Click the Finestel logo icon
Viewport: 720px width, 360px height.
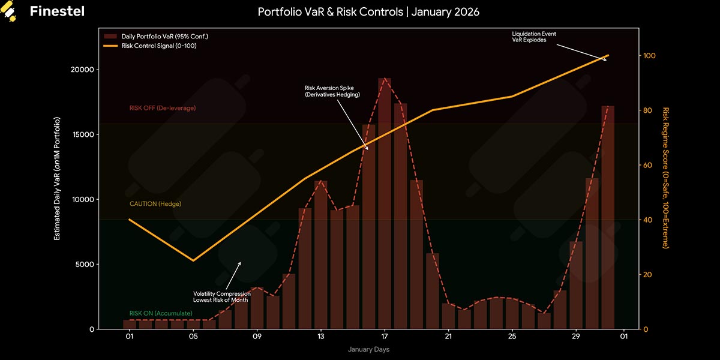[10, 11]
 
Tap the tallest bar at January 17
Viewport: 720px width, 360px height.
[385, 204]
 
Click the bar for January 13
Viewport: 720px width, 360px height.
[321, 255]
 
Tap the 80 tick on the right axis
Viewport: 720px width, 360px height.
[648, 110]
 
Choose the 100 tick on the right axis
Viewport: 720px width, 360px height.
[650, 56]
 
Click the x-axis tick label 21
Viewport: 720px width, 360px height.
[448, 337]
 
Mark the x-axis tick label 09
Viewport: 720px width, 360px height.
[257, 337]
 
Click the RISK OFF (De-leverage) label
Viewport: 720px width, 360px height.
[162, 108]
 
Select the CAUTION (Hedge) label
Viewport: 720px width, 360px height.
[155, 204]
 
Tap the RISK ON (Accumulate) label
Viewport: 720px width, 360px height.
[160, 314]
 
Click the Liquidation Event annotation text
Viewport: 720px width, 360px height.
[534, 37]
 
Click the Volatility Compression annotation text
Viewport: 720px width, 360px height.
[221, 296]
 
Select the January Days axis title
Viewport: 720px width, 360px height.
[368, 349]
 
